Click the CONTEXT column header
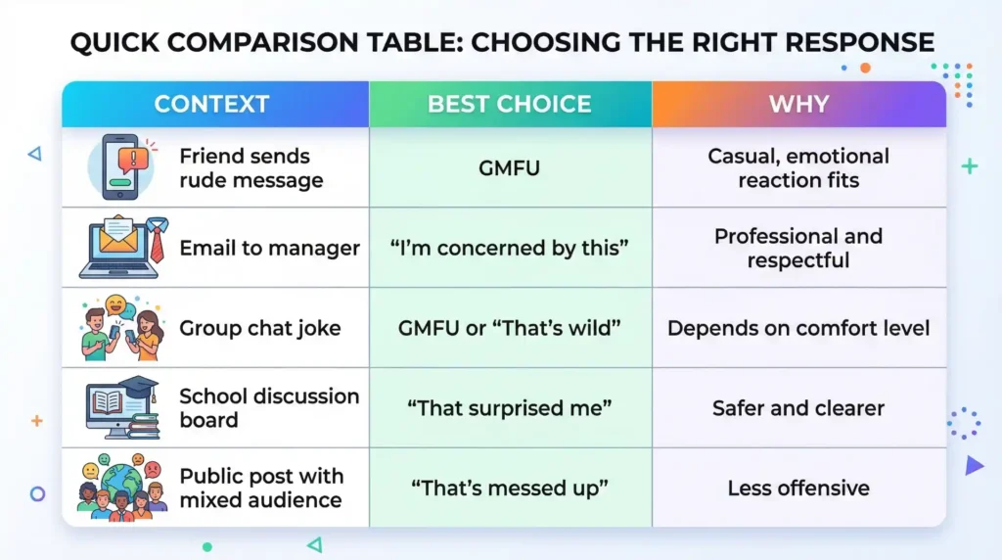(211, 104)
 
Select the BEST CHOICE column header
(509, 104)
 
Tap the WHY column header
(798, 104)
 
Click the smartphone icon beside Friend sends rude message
(120, 166)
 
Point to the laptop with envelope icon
(120, 248)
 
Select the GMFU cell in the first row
(509, 168)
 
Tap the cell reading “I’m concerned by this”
(509, 248)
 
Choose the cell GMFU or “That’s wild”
(509, 328)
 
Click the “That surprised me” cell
(509, 408)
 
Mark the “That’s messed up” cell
(509, 488)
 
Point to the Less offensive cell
(798, 488)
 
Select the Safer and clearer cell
(798, 408)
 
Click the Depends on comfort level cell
(798, 328)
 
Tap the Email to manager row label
(269, 248)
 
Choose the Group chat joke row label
(259, 328)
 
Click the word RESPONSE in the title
(859, 43)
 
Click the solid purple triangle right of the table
(974, 465)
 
